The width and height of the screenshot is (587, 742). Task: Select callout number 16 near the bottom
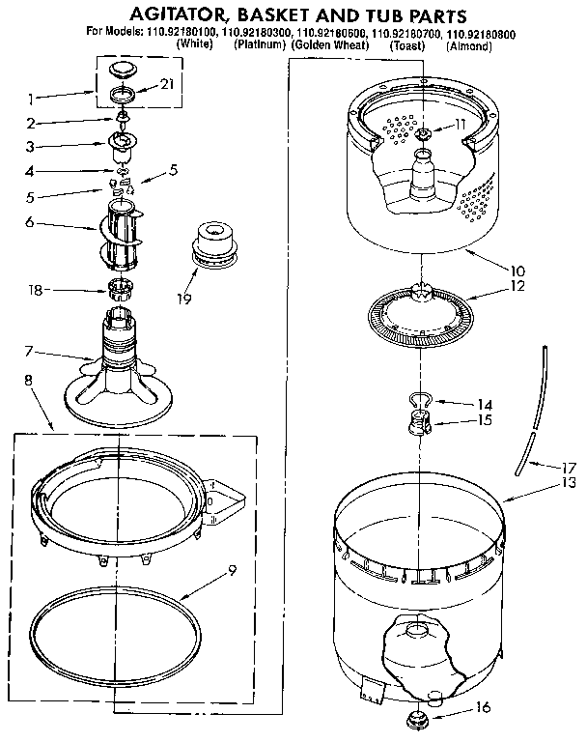484,707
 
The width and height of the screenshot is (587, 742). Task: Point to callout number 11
460,125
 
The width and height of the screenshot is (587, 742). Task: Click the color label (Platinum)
260,45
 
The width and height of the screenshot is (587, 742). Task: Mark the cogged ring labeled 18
121,287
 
